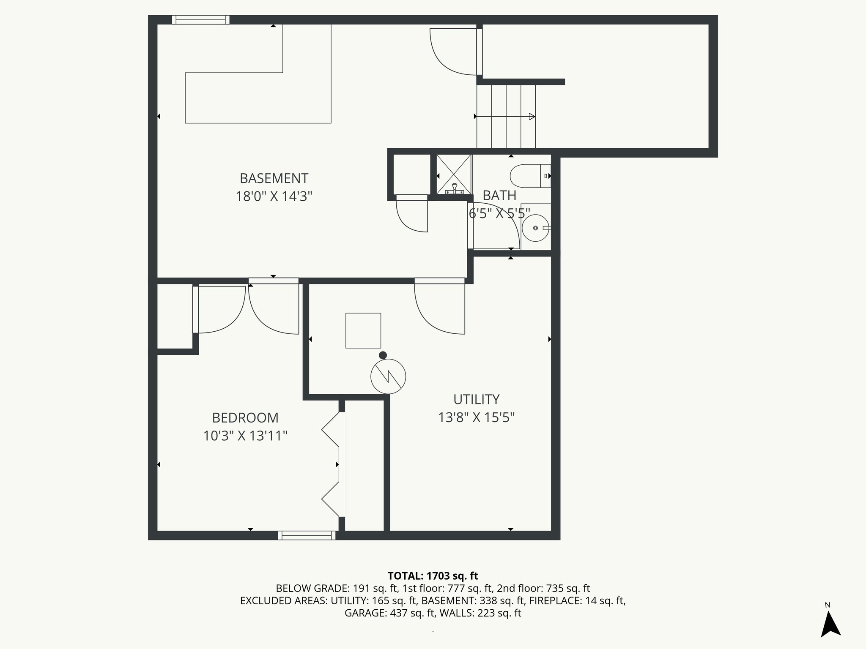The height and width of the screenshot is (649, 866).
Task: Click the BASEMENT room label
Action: [x=274, y=178]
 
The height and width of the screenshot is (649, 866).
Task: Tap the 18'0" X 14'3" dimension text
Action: [x=274, y=197]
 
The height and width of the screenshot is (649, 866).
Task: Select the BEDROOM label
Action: [x=245, y=418]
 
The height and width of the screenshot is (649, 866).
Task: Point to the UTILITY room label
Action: [x=476, y=399]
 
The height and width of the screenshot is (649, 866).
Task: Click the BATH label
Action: [x=499, y=196]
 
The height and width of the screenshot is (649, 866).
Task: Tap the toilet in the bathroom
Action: [x=529, y=176]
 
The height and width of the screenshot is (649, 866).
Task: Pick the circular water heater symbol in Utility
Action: [x=388, y=376]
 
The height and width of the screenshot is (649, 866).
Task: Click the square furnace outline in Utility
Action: [x=363, y=330]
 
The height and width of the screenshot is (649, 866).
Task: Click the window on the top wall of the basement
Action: [x=201, y=20]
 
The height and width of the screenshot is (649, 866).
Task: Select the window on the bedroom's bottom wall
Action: [x=307, y=535]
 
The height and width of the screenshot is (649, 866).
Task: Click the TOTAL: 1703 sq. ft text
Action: [x=433, y=576]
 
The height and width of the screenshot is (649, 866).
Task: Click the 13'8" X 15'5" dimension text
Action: [x=476, y=418]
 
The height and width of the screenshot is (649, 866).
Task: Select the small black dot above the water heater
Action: [x=383, y=355]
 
